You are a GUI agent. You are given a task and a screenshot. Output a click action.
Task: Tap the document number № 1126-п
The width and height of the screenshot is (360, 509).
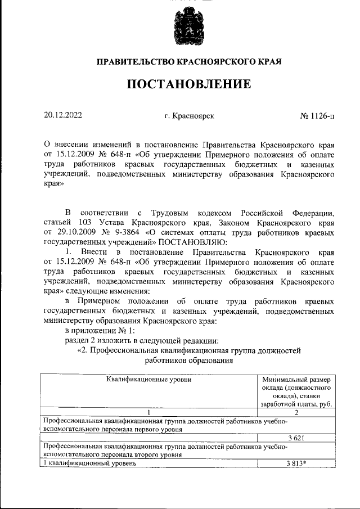[317, 116]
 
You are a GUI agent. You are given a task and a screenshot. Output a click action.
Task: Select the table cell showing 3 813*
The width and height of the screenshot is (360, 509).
[296, 463]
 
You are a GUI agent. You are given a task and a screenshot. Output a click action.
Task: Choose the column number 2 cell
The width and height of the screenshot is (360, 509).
[296, 412]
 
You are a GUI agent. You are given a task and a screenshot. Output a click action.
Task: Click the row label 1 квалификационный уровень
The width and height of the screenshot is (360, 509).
[90, 463]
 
